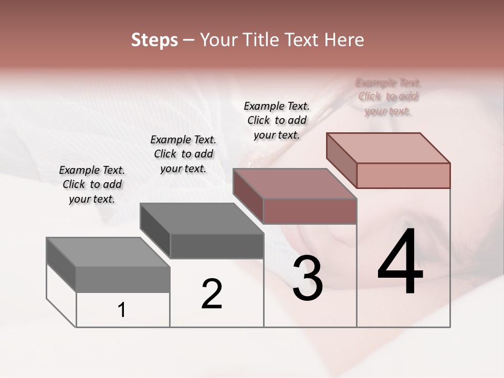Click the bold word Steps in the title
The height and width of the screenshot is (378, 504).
pos(154,40)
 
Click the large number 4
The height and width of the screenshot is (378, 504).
pos(400,262)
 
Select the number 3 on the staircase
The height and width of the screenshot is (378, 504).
pos(308,279)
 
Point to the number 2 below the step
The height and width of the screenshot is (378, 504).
pos(212,294)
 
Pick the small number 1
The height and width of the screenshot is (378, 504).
pos(122,310)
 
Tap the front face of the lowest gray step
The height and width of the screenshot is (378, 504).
pos(123,279)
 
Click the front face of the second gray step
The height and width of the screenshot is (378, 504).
pos(217,246)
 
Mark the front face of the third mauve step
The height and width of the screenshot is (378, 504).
pos(310,211)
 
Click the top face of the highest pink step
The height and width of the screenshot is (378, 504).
pos(388,148)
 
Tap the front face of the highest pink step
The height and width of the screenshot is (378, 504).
pos(403,175)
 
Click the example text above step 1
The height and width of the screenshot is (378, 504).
pos(92,184)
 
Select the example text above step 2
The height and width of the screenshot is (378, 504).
pos(183,154)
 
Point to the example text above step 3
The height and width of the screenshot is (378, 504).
pos(277,120)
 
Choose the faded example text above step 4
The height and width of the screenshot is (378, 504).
pos(388,97)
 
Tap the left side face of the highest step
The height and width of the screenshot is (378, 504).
pos(341,160)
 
